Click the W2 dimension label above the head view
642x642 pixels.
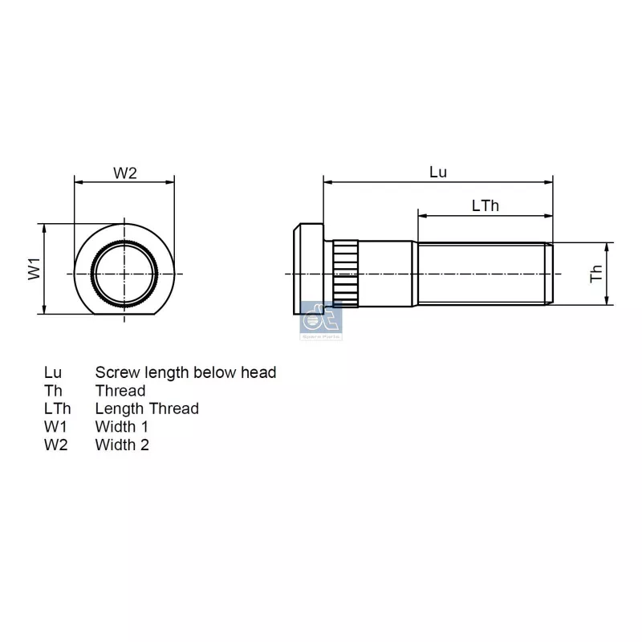coord(124,173)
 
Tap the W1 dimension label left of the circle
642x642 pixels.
coord(35,269)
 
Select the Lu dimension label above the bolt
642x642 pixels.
coord(438,172)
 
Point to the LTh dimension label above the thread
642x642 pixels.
coord(485,205)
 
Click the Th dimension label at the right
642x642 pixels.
coord(596,274)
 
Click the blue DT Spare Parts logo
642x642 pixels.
coord(320,322)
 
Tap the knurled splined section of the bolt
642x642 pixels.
coord(344,274)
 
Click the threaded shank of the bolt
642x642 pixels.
coord(481,274)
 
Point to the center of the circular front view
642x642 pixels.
coord(124,274)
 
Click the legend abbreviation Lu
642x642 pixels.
coord(53,372)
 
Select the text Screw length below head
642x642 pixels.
coord(185,372)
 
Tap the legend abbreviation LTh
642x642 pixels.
coord(57,408)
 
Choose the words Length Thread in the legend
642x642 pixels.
coord(147,408)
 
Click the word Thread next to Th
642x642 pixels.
coord(120,391)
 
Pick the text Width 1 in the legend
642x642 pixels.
coord(122,427)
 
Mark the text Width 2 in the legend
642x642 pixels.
coord(122,445)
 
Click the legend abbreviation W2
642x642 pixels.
coord(55,445)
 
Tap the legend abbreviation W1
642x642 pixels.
coord(55,427)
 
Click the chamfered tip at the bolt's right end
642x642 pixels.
coord(550,274)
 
